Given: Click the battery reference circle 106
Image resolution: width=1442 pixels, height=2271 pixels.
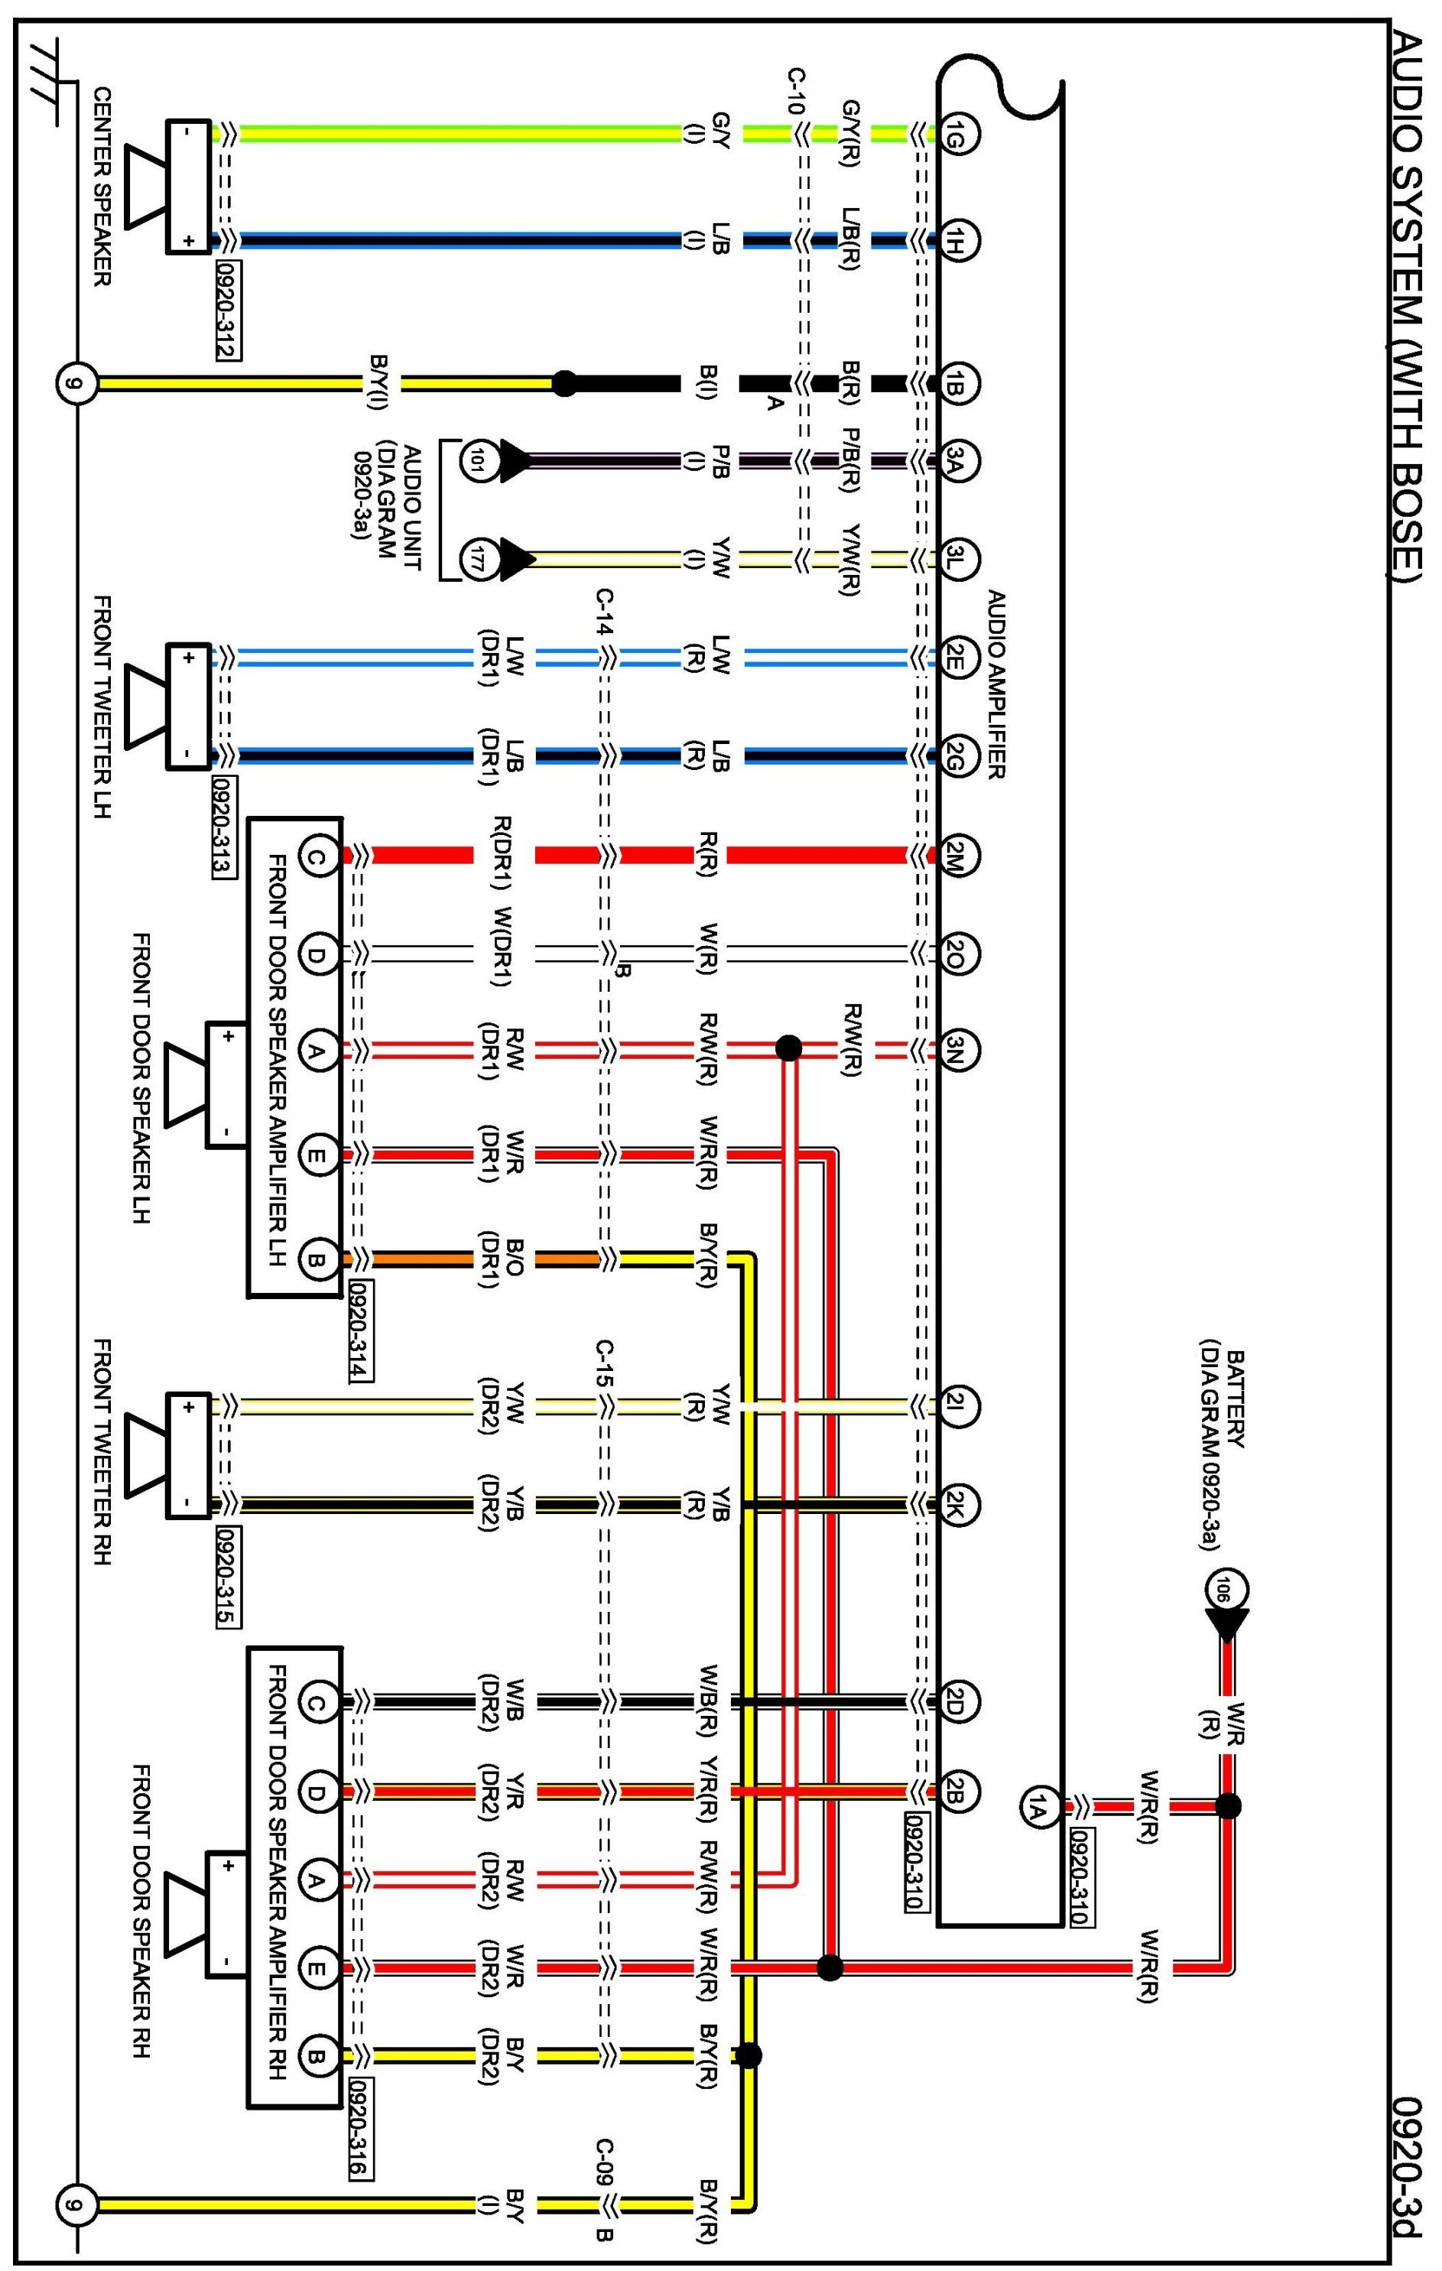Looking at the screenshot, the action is (1227, 1590).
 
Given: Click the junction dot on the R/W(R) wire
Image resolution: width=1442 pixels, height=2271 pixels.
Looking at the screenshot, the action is (788, 1048).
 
